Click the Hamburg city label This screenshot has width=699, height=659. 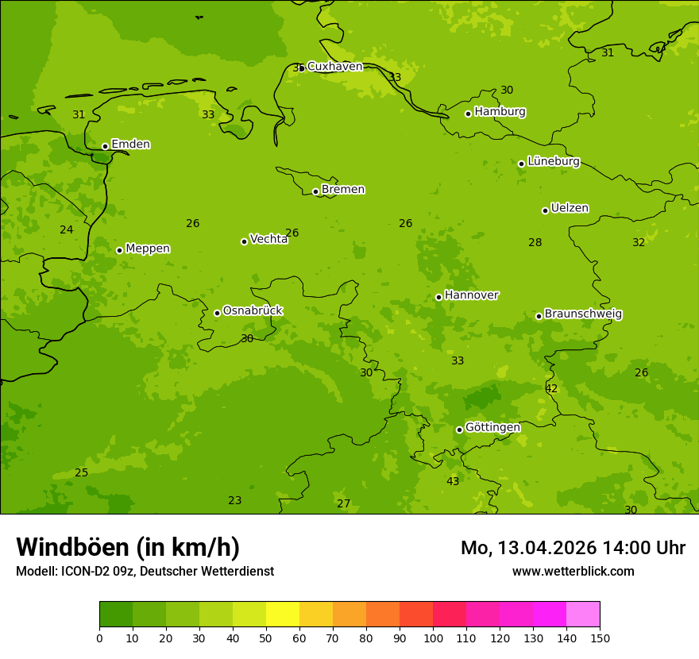coord(500,112)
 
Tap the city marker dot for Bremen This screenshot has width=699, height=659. coord(315,191)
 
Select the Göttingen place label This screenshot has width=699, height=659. coord(492,427)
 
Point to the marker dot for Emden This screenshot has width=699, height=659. coord(105,146)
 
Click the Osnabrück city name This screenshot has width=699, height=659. coord(253,310)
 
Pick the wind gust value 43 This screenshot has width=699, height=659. coord(453,481)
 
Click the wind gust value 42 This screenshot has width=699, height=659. coord(551,388)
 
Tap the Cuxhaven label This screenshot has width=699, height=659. coord(334,67)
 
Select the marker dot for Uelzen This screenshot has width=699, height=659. coord(545,210)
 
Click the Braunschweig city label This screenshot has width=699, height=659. coord(583,314)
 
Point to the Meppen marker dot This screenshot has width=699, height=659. coord(119,250)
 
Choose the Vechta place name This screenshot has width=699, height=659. coord(268,239)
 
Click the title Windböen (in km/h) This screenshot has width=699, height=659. coord(128,547)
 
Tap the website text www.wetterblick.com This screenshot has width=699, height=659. coord(573,571)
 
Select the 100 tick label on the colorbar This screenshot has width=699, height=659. coord(433,638)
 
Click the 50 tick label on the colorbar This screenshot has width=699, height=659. coord(266,638)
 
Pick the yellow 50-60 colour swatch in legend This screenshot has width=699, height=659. coord(283,615)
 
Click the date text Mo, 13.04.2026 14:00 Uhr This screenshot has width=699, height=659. coord(573,548)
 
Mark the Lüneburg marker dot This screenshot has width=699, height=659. coord(521,164)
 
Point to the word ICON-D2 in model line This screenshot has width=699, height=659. coord(87,571)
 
